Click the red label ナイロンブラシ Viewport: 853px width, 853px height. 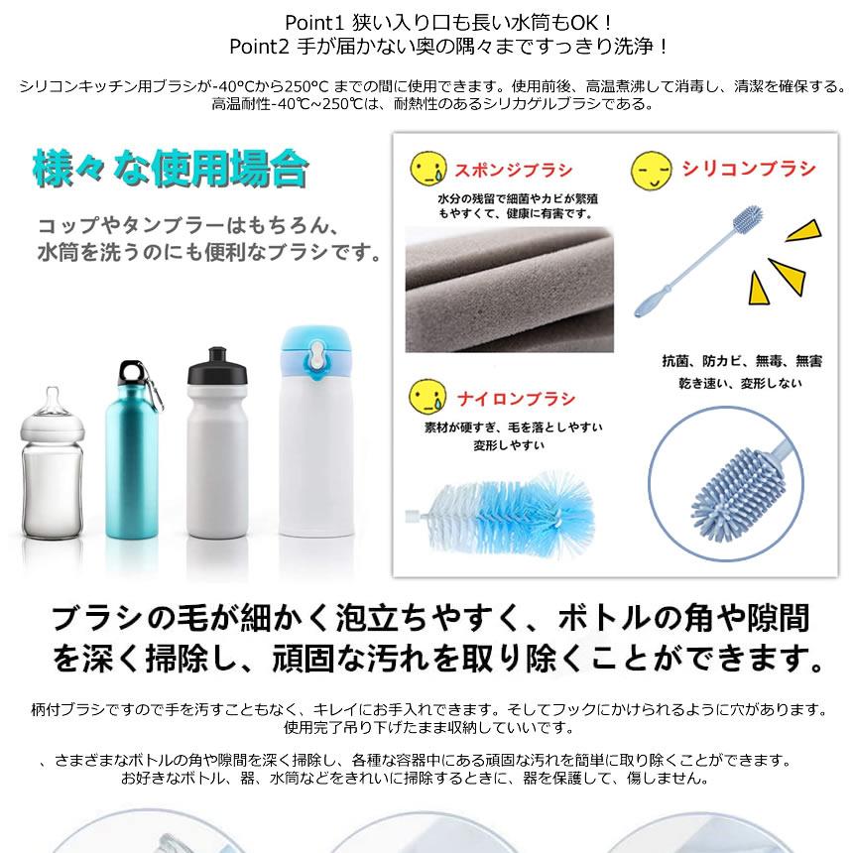[516, 400]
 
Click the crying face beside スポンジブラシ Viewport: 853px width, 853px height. [428, 167]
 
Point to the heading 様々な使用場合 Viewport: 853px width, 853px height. [170, 169]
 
